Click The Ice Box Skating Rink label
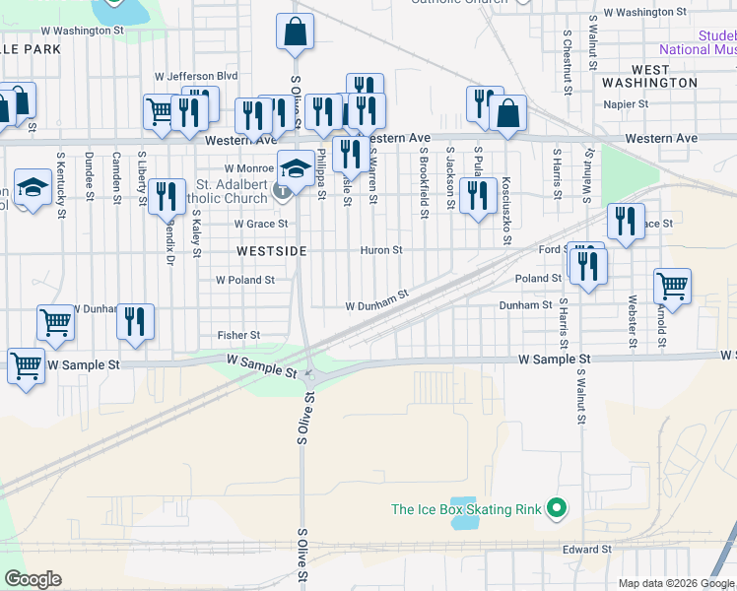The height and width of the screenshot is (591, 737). point(466,509)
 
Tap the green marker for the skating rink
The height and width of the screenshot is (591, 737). point(557,509)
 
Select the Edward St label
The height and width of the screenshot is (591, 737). point(587,549)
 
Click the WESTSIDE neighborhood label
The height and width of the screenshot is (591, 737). point(271,251)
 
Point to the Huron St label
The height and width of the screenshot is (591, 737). point(381,250)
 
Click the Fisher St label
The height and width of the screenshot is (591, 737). point(238,336)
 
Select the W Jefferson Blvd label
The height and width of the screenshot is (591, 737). point(197,76)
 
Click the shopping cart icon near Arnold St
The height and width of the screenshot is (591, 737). point(672,286)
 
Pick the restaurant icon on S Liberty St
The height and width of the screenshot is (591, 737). point(167,195)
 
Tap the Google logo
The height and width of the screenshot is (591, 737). point(33,579)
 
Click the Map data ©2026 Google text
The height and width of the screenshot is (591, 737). point(677,583)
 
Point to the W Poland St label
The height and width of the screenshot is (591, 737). point(245,280)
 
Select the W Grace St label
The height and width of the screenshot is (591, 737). point(260,224)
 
